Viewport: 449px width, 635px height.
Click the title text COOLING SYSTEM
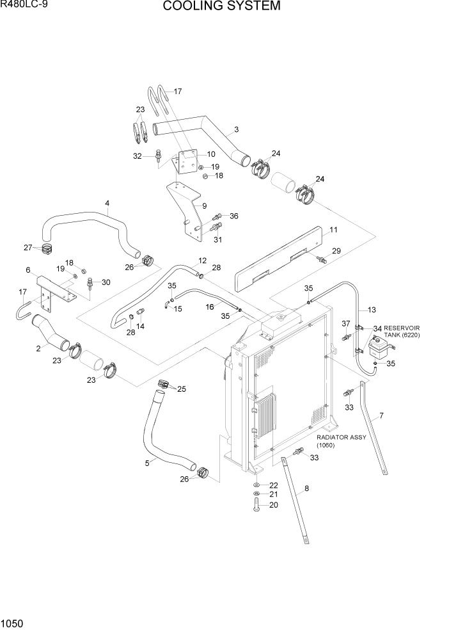pyautogui.click(x=221, y=7)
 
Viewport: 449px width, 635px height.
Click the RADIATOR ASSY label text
pyautogui.click(x=342, y=437)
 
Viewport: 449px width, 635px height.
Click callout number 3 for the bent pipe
pyautogui.click(x=236, y=130)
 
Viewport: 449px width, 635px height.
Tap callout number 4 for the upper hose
pyautogui.click(x=107, y=204)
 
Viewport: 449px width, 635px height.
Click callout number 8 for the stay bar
pyautogui.click(x=306, y=489)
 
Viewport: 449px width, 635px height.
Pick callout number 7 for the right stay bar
pyautogui.click(x=381, y=417)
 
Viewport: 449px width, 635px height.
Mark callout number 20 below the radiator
pyautogui.click(x=273, y=504)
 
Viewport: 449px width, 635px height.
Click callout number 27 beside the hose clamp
pyautogui.click(x=28, y=247)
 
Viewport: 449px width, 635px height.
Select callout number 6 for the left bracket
pyautogui.click(x=28, y=270)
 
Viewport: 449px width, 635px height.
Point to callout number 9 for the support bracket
pyautogui.click(x=204, y=206)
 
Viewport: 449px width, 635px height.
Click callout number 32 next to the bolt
pyautogui.click(x=137, y=156)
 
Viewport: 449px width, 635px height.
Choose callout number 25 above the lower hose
pyautogui.click(x=181, y=389)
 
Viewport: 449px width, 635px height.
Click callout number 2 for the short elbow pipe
pyautogui.click(x=38, y=348)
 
